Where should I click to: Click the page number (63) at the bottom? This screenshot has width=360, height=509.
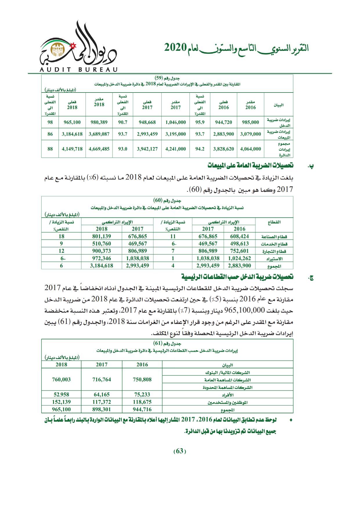180,451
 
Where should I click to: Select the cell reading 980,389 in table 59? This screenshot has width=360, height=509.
99,122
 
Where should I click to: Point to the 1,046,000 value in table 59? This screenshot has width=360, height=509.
176,122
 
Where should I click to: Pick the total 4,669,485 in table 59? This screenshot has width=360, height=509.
99,149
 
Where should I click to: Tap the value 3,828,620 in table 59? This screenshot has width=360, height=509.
223,149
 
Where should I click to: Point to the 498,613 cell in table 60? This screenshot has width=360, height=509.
239,244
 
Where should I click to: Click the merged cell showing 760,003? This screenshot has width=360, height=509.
61,379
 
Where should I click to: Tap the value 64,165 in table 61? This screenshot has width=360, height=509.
102,394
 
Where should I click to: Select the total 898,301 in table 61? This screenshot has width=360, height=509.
102,409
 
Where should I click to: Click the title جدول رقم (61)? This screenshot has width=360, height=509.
167,343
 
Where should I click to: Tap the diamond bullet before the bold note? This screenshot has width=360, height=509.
291,420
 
